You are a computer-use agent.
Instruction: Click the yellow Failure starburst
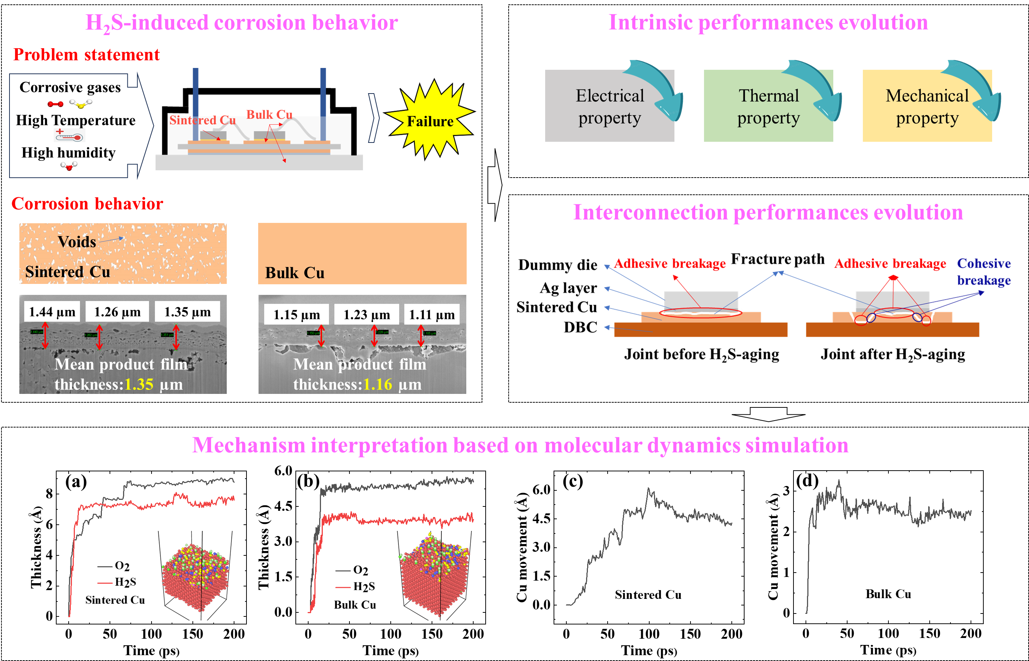(430, 120)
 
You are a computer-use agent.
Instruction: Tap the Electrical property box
(609, 106)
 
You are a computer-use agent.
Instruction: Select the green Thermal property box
(768, 106)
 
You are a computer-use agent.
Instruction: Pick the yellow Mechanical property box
(927, 106)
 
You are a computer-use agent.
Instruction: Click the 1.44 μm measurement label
(52, 312)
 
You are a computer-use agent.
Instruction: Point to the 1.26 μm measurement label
(117, 312)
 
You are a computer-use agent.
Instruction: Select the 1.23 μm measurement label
(367, 315)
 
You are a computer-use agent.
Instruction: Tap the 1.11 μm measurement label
(432, 315)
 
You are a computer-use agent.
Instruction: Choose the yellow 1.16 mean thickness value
(378, 384)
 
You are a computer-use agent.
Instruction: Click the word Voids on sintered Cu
(77, 242)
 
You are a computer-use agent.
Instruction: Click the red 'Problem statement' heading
(86, 54)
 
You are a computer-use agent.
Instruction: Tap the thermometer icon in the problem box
(69, 135)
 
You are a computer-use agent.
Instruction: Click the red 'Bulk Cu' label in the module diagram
(269, 114)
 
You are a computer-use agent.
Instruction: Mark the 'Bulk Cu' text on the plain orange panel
(295, 273)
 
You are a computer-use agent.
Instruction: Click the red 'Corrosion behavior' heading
(87, 204)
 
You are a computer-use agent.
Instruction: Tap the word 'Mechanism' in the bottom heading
(248, 445)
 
